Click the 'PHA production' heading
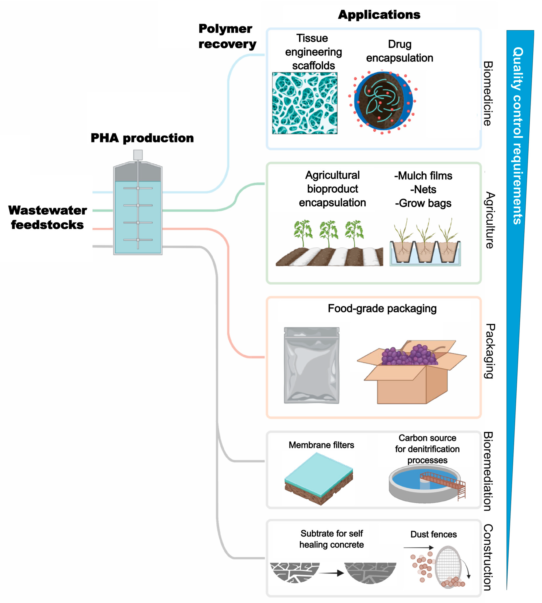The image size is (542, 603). pos(142,138)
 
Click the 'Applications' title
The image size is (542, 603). pos(379,15)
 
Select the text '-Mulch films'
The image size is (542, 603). pos(423,176)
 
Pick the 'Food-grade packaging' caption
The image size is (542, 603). pos(382,308)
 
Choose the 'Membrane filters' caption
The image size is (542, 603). pos(321,445)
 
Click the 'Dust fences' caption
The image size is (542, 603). pos(433,534)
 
